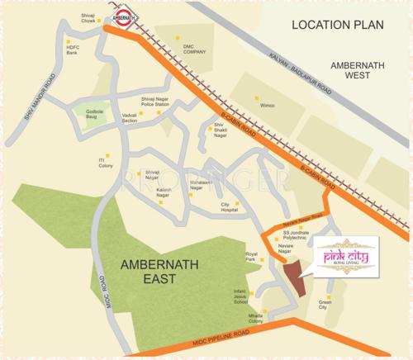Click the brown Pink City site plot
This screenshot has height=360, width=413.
pyautogui.click(x=294, y=277)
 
